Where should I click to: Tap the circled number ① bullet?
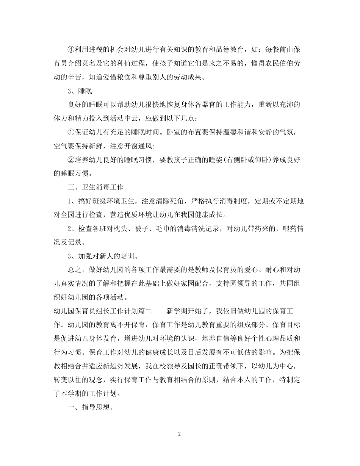(71, 132)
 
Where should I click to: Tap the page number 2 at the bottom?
(180, 434)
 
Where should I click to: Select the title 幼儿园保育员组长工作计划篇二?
(103, 311)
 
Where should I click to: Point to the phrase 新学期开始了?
(188, 311)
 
